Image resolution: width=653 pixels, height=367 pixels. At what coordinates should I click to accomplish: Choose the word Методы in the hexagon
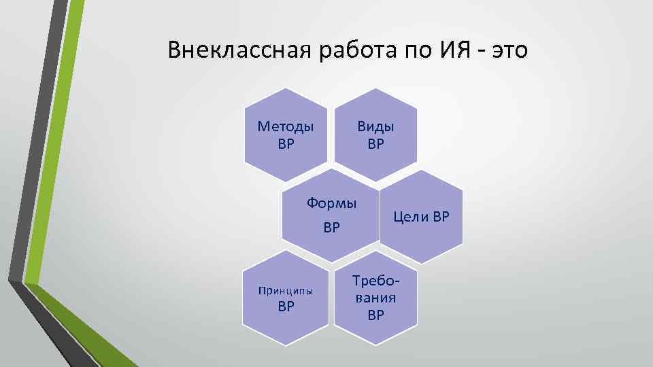[286, 126]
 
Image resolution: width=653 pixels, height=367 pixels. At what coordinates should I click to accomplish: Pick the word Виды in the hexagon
[375, 126]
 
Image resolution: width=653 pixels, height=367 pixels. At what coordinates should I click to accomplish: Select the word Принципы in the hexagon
[286, 291]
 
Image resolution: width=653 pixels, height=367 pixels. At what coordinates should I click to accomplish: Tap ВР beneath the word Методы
[286, 143]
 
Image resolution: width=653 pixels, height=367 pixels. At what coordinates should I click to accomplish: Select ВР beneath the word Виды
[375, 143]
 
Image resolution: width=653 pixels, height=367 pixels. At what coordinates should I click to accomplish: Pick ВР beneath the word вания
[375, 315]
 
